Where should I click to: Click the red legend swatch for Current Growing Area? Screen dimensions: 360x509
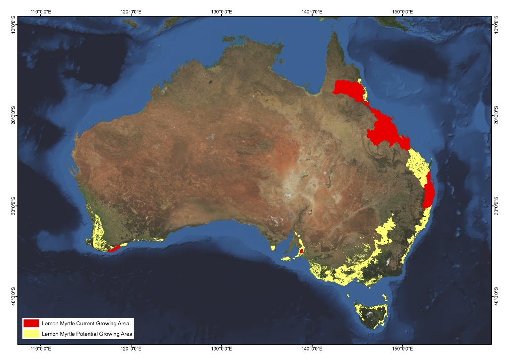tap(31, 323)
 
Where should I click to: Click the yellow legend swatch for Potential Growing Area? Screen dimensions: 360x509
tap(31, 334)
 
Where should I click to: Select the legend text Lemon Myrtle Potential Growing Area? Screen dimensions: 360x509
tap(87, 334)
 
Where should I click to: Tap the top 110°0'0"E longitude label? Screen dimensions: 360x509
tap(42, 11)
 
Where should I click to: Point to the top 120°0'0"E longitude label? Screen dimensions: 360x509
tap(131, 11)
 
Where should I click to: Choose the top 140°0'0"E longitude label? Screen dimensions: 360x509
tap(312, 11)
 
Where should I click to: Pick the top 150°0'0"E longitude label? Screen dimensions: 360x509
tap(403, 11)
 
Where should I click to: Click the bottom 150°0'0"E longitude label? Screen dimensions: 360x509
tap(403, 350)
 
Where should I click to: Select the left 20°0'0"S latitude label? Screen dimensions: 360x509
tap(13, 115)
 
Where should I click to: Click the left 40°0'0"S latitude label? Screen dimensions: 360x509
tap(13, 296)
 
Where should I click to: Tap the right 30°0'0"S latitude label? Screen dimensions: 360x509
tap(496, 206)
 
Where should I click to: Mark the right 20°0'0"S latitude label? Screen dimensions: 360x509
tap(496, 115)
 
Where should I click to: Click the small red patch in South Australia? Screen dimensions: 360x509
tap(302, 251)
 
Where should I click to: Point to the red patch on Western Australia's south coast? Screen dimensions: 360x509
tap(113, 248)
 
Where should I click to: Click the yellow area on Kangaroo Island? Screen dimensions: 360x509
tap(287, 259)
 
